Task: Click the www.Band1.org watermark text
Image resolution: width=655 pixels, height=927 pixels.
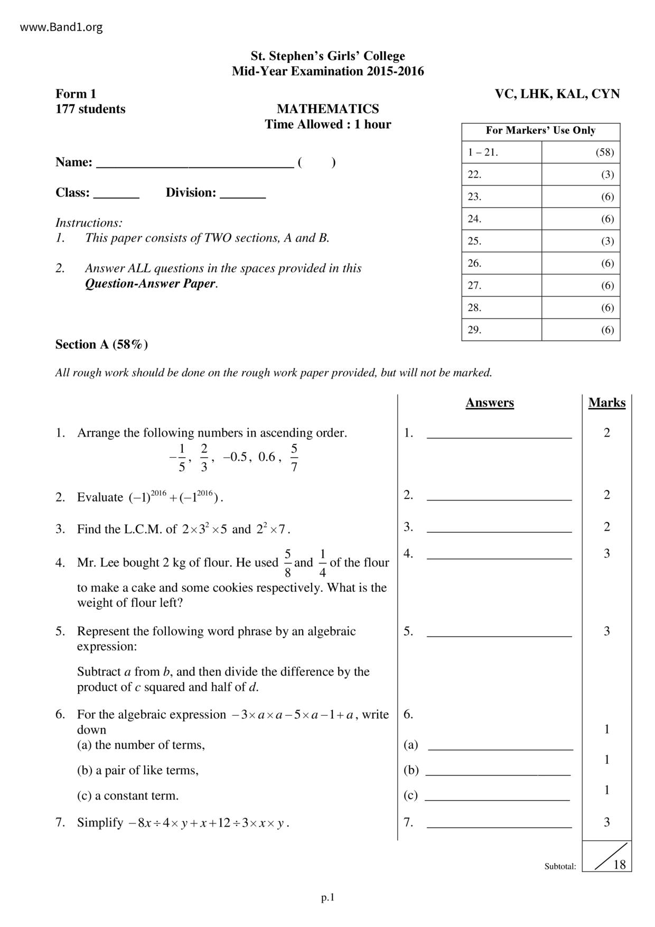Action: pos(61,27)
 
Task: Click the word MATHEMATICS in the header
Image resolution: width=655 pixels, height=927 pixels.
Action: pos(327,109)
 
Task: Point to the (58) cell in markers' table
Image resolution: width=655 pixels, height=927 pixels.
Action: pos(604,152)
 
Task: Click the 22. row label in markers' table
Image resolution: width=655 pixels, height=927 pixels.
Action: pos(474,174)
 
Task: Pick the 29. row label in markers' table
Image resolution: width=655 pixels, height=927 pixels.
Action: pos(474,330)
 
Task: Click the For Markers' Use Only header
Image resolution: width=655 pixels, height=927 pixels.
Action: pos(540,131)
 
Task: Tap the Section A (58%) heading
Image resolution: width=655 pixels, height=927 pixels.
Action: pos(101,345)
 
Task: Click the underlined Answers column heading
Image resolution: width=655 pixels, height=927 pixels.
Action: pos(489,403)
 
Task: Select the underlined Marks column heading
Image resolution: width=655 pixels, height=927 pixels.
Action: pos(606,403)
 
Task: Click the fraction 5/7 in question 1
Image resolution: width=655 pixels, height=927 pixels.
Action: pos(294,458)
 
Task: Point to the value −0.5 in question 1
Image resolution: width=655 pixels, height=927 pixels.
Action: pos(235,457)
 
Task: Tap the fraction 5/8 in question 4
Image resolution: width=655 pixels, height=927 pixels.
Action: pos(287,563)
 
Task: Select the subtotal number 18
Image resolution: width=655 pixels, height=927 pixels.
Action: pos(619,864)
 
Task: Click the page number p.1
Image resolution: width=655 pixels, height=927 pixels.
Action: pos(327,897)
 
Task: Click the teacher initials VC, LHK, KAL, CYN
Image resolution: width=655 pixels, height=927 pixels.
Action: pos(557,94)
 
